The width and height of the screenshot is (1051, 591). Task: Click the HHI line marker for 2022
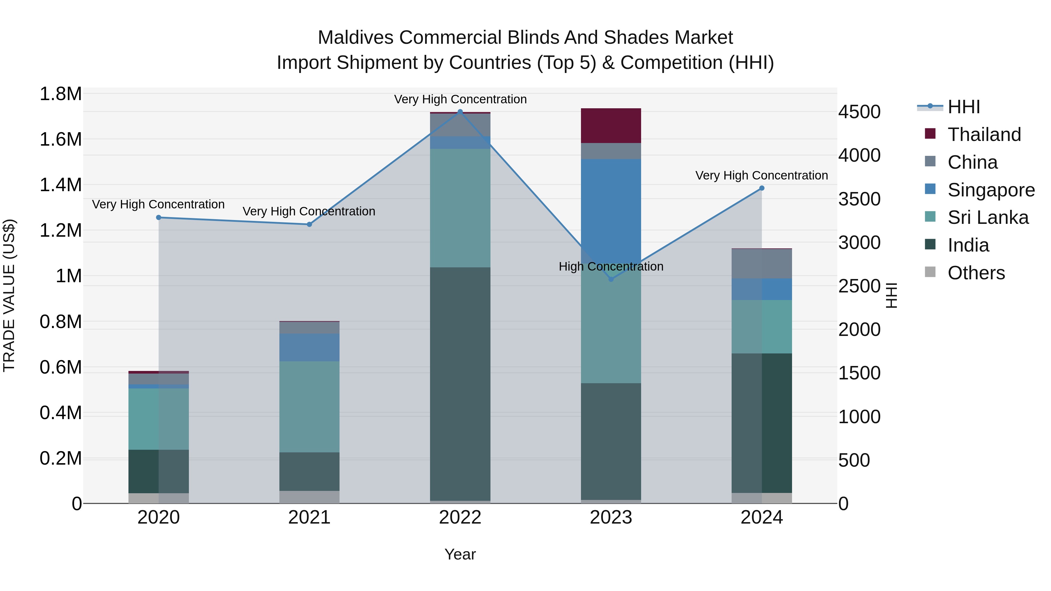tap(460, 111)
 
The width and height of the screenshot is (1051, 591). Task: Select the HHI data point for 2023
tap(611, 279)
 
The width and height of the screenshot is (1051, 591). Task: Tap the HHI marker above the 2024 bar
tap(762, 188)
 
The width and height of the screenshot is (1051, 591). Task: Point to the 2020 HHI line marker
tap(159, 217)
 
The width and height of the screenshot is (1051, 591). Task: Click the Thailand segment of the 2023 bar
tap(611, 125)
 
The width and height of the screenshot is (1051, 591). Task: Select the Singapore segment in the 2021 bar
tap(309, 348)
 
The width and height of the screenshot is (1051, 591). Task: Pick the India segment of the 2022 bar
tap(460, 383)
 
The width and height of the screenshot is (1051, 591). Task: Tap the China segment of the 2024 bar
tap(762, 264)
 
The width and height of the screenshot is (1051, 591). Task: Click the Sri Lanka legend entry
tap(988, 217)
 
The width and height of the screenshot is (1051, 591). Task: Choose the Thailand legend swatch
tap(930, 134)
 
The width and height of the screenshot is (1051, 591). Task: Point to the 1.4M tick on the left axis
tap(60, 185)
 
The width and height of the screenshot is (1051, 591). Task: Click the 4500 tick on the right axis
tap(859, 112)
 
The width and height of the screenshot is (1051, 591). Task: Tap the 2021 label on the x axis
tap(309, 517)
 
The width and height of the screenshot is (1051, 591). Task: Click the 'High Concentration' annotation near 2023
tap(611, 266)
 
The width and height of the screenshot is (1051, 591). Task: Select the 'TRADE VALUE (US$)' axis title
tap(9, 295)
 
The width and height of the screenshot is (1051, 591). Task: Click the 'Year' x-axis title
tap(460, 554)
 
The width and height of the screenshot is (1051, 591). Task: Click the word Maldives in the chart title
tap(355, 38)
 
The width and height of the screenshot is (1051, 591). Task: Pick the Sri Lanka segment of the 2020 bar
tap(159, 419)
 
